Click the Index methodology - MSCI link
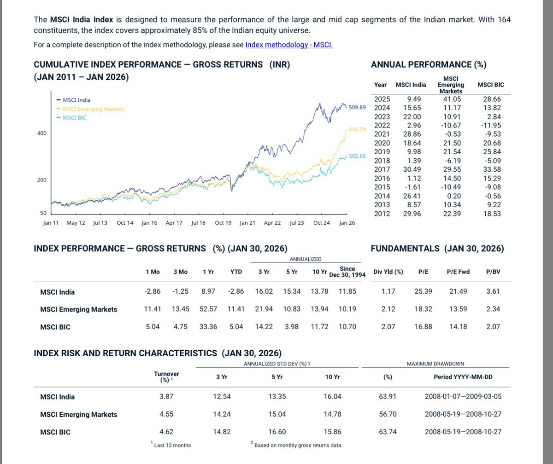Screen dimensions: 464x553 (x=289, y=45)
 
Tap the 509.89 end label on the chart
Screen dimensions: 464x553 (x=357, y=107)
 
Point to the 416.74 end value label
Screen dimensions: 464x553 (x=357, y=129)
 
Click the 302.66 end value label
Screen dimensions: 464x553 (x=357, y=156)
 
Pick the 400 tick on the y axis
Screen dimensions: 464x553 (x=41, y=133)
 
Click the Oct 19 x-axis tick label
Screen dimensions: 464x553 (x=223, y=223)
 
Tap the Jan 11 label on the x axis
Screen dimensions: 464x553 (x=51, y=223)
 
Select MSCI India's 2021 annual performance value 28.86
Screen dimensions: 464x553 (x=412, y=134)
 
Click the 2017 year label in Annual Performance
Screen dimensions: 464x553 (x=382, y=169)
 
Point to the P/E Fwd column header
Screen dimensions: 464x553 (x=458, y=272)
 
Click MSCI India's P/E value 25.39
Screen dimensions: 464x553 (x=423, y=291)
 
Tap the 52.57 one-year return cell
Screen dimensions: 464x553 (x=208, y=309)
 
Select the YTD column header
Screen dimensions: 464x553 (x=236, y=272)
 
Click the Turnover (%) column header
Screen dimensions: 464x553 (x=166, y=377)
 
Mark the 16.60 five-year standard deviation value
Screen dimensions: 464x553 (x=276, y=432)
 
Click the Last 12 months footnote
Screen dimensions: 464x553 (x=172, y=445)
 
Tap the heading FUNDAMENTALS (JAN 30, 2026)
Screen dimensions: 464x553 (x=437, y=249)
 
